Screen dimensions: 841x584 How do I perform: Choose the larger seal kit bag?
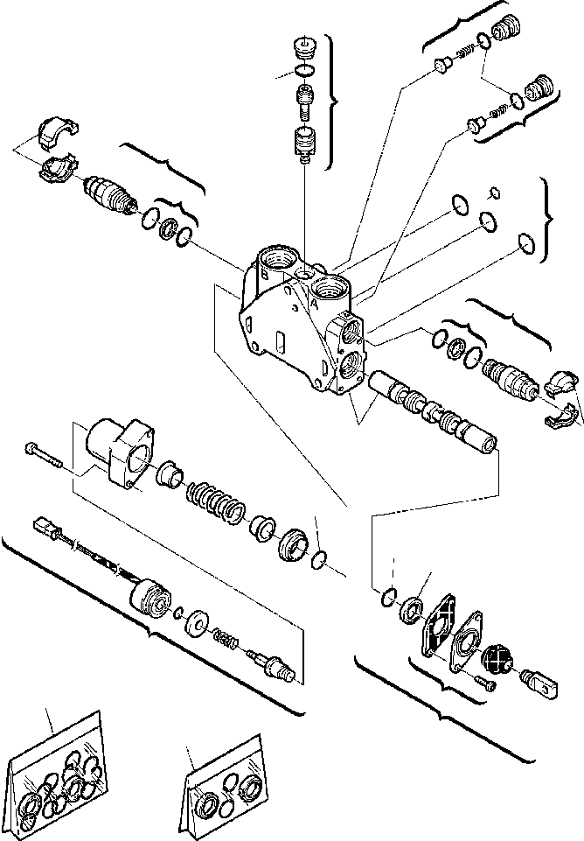point(54,771)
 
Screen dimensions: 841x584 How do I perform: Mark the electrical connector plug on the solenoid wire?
point(45,529)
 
